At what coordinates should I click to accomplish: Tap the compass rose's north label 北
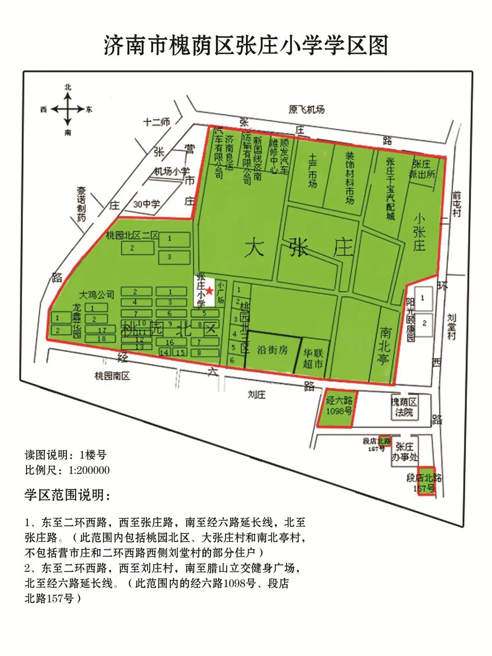pos(67,87)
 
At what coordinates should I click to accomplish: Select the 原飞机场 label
pos(307,109)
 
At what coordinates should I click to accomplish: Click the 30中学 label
pos(146,204)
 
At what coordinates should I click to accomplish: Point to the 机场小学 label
pos(171,171)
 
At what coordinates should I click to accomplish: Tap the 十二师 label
pos(156,122)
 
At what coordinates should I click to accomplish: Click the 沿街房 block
pos(272,350)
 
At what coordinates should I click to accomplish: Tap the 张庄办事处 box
pos(404,452)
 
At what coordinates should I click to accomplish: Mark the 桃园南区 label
pos(112,376)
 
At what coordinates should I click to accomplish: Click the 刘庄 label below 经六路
pos(256,395)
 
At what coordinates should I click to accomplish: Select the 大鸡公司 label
pos(97,294)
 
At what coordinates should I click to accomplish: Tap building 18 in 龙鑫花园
pos(101,338)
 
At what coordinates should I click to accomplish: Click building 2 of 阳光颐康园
pos(424,324)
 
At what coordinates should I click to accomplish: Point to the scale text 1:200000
pos(89,470)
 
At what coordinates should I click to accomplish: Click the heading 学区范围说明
pos(68,495)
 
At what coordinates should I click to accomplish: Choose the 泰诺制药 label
pos(81,204)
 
